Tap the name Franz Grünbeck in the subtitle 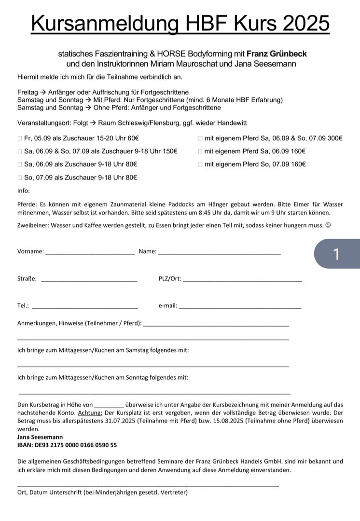point(277,54)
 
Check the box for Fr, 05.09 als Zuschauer point(20,138)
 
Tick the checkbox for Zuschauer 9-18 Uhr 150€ point(20,151)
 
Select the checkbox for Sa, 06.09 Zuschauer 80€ point(20,165)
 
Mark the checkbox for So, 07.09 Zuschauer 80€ point(20,178)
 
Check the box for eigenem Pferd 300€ point(200,138)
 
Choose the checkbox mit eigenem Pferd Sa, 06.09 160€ point(200,151)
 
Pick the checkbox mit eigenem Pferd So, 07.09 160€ point(200,165)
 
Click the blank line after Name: point(219,252)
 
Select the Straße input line point(89,279)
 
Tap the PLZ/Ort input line point(242,279)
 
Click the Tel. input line point(84,306)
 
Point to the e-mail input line point(240,306)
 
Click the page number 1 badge point(336,254)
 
